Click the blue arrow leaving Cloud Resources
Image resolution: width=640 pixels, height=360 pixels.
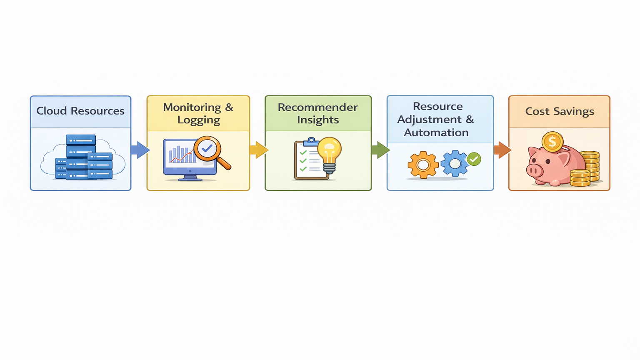pos(140,150)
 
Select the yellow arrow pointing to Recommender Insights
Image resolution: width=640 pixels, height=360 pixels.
pos(259,150)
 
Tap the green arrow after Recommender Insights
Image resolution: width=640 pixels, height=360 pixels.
pos(380,150)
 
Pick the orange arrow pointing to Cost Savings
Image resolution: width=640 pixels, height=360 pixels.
pos(502,150)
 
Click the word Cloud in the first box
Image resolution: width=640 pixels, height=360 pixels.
pos(51,111)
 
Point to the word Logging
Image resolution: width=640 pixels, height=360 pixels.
pos(198,120)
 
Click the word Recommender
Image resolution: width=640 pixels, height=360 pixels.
pos(317,107)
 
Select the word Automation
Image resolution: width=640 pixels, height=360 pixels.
pos(436,133)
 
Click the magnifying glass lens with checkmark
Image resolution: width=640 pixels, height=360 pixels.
pos(207,148)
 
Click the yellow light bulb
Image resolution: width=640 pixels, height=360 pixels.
pos(330,152)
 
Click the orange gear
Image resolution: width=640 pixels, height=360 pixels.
pos(423,165)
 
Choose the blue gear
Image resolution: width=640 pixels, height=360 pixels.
pos(455,163)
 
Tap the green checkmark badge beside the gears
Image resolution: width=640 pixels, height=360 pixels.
pos(474,159)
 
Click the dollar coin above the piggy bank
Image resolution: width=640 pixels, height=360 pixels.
pos(552,142)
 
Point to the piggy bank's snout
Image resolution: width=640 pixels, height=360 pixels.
pos(534,170)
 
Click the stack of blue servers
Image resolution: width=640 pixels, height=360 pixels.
pos(83,158)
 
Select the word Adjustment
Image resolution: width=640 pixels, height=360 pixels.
pos(429,120)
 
